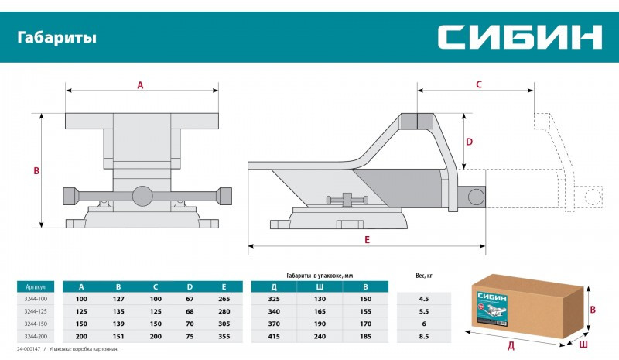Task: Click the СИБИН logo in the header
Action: (x=519, y=36)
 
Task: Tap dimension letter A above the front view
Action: (x=140, y=86)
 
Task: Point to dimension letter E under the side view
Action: (x=367, y=240)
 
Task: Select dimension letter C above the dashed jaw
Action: (x=478, y=84)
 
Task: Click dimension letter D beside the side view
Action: (x=469, y=141)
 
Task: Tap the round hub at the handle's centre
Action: (x=142, y=196)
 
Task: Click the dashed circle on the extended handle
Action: (x=593, y=196)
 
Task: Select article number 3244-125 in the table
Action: (x=36, y=310)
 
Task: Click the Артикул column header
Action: (x=36, y=284)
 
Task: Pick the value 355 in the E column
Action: (x=226, y=336)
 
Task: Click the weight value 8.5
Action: (x=423, y=336)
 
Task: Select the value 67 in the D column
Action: (x=190, y=298)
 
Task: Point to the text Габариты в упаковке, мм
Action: (x=320, y=275)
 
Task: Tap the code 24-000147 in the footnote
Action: (x=29, y=350)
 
